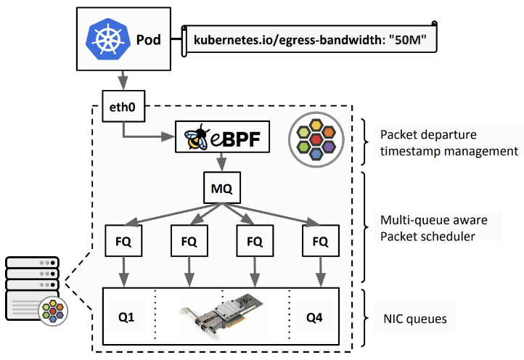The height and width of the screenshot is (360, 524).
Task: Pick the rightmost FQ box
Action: coord(320,242)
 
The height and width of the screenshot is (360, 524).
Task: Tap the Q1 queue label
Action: coord(127,318)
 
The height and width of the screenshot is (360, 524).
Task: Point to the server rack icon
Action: coord(30,286)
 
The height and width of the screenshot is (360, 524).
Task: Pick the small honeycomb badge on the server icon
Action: coord(54,310)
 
